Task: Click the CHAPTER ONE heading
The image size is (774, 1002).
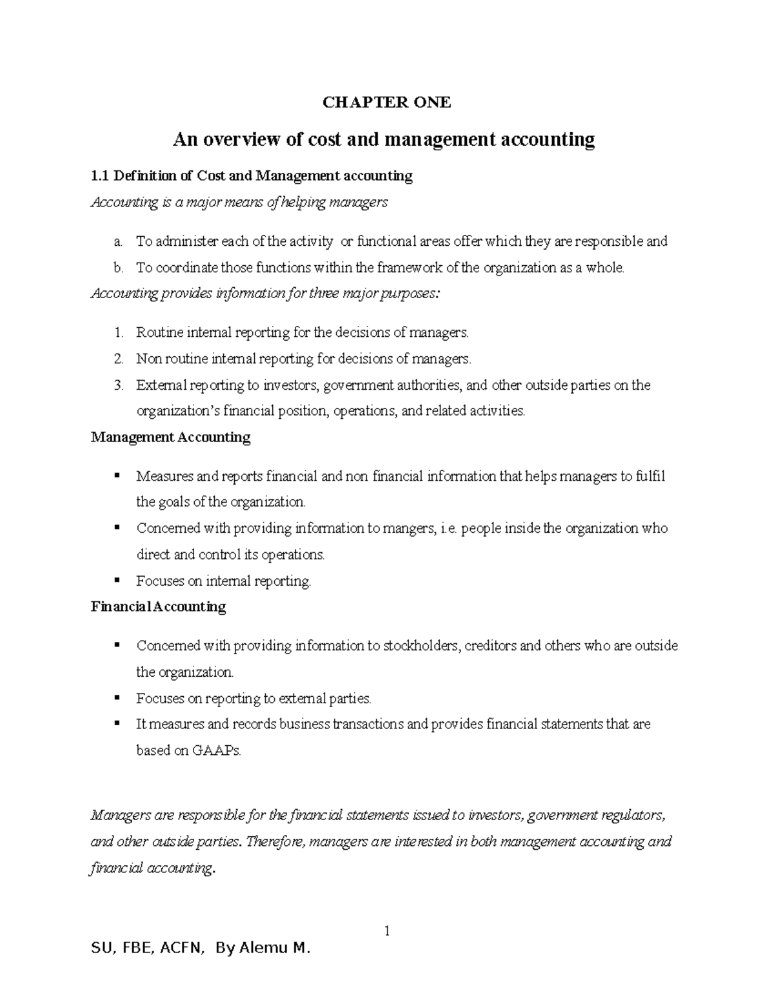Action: (x=386, y=103)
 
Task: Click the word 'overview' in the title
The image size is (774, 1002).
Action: (x=242, y=140)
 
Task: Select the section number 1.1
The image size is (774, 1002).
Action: (x=101, y=175)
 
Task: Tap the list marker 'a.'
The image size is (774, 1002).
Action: (x=117, y=242)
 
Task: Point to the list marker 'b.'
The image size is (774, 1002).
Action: (x=117, y=268)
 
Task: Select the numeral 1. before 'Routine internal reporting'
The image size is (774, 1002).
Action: (x=117, y=334)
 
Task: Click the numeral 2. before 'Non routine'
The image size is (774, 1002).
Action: (x=117, y=359)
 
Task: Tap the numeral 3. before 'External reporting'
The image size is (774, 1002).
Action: (x=117, y=386)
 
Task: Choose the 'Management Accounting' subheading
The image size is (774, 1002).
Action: (x=170, y=437)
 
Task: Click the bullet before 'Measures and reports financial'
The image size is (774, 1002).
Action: (x=117, y=476)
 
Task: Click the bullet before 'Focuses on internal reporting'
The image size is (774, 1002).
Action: (x=117, y=580)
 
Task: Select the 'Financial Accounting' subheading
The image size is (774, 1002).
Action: (x=159, y=607)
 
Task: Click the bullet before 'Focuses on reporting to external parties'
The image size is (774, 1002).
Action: (x=117, y=697)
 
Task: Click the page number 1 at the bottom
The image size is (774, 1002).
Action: (x=387, y=931)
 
